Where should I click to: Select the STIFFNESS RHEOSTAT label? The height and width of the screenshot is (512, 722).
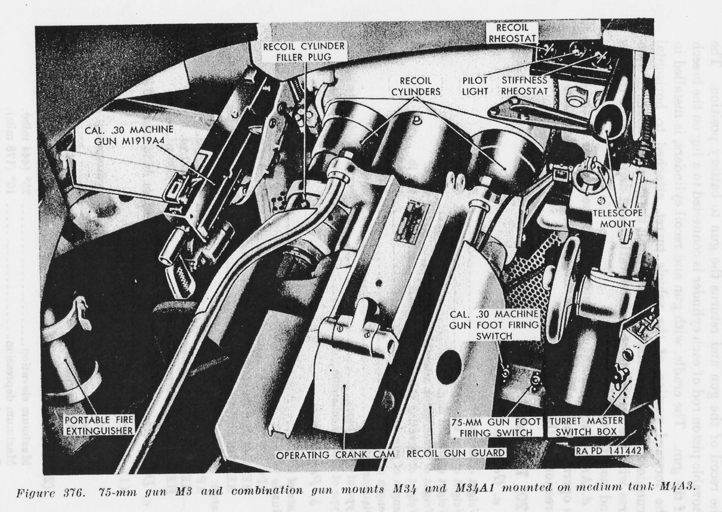[x=524, y=86]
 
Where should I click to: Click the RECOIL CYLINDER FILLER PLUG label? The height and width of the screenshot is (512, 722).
[x=305, y=51]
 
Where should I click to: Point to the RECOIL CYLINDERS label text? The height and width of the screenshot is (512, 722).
[x=416, y=86]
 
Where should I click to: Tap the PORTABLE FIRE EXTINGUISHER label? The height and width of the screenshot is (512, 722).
[x=99, y=425]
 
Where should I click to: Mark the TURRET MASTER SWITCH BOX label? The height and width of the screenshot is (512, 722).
[x=586, y=426]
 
